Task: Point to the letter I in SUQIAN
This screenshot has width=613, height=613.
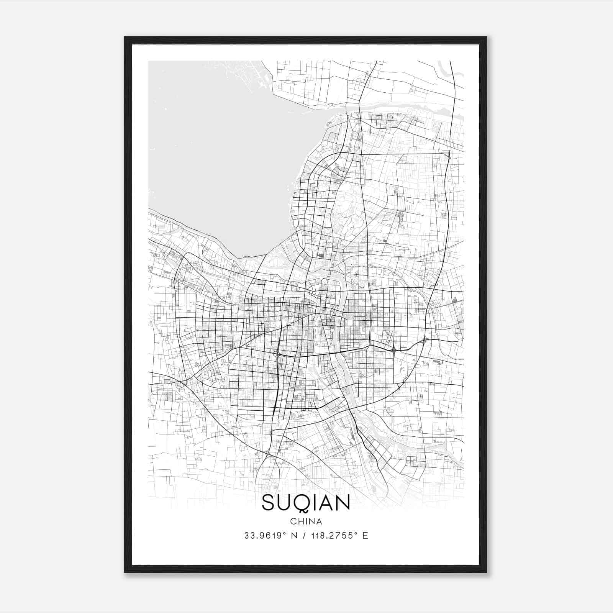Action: [x=315, y=502]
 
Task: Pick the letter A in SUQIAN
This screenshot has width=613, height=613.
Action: [x=326, y=502]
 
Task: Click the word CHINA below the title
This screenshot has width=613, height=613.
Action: [x=306, y=521]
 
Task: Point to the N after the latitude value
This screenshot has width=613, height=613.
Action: [x=294, y=536]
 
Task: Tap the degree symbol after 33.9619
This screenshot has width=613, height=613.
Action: [x=285, y=533]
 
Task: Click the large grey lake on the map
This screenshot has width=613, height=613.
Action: [x=215, y=153]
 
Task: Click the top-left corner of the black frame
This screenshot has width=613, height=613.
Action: [x=125, y=37]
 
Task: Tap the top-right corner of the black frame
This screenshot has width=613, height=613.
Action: [x=486, y=37]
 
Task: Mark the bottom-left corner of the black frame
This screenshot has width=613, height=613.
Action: [x=125, y=572]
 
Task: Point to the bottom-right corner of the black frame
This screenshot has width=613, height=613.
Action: [x=486, y=572]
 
